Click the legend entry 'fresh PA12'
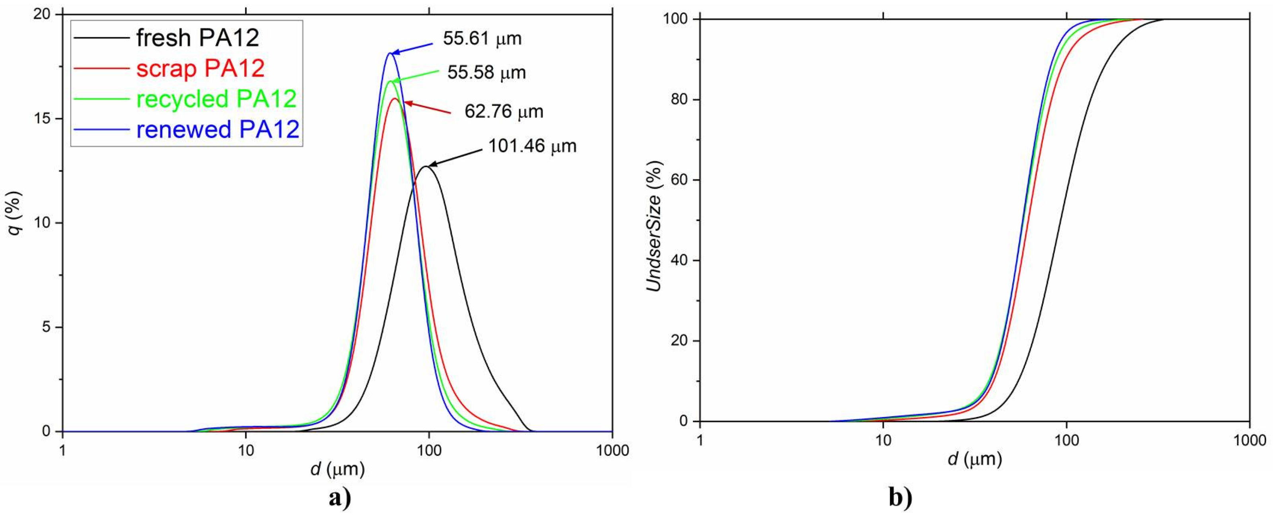[197, 38]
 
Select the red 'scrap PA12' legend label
[200, 68]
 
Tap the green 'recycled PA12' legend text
[216, 99]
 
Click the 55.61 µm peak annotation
[482, 39]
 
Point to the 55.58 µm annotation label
[486, 73]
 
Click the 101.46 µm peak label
[532, 146]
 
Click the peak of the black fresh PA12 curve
[426, 167]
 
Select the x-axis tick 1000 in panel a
[612, 450]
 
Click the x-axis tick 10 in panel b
[883, 440]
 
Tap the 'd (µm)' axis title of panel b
[975, 459]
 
